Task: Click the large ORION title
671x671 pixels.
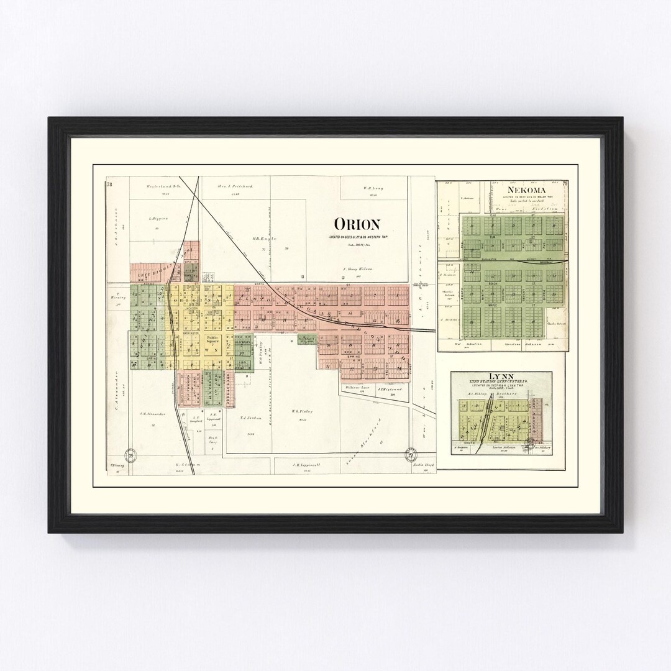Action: (357, 224)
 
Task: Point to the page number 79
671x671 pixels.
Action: (565, 183)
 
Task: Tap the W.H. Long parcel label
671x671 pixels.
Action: (373, 188)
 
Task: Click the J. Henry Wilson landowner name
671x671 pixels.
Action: (357, 269)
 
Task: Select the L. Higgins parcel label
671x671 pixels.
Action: (159, 219)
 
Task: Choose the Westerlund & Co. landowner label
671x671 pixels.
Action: (163, 186)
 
